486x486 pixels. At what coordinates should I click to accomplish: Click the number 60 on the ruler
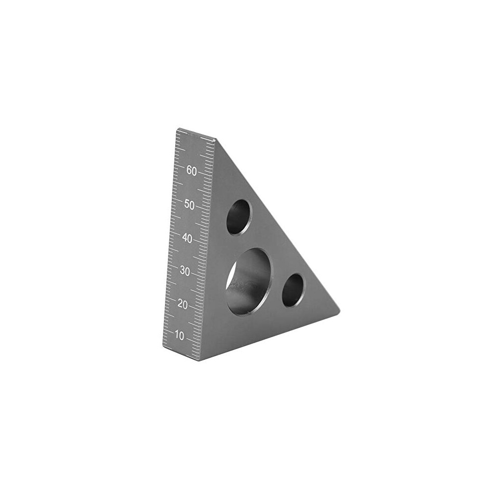pyautogui.click(x=191, y=171)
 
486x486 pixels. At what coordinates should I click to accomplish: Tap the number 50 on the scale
pyautogui.click(x=189, y=205)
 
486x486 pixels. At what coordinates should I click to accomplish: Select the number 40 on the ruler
pyautogui.click(x=187, y=239)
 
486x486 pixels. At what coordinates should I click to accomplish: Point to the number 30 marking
pyautogui.click(x=185, y=271)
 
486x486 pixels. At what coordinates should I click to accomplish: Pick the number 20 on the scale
pyautogui.click(x=183, y=305)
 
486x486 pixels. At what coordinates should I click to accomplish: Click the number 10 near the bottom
pyautogui.click(x=180, y=335)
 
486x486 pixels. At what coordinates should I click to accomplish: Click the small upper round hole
pyautogui.click(x=239, y=216)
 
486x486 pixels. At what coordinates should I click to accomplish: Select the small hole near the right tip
pyautogui.click(x=294, y=291)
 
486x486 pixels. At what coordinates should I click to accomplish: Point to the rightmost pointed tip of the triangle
pyautogui.click(x=340, y=310)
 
